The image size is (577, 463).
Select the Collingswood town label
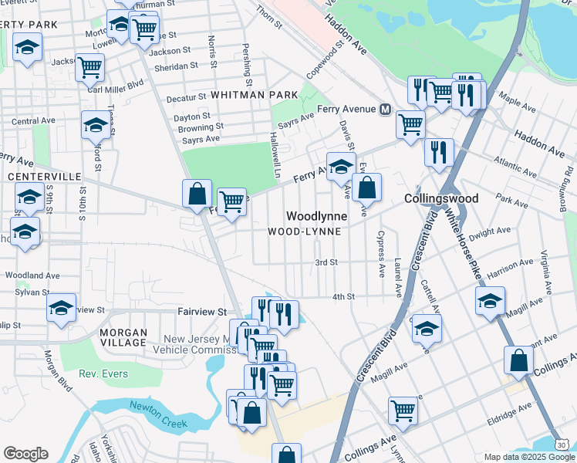pos(442,198)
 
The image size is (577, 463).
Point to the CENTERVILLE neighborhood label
pos(44,177)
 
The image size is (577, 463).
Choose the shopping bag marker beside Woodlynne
pos(368,187)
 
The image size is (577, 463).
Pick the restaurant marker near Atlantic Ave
pos(439,151)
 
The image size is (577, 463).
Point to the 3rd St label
pos(326,262)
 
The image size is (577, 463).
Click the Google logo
pos(25,454)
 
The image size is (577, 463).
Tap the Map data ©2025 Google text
pos(529,457)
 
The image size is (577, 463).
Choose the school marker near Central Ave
pos(96,125)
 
